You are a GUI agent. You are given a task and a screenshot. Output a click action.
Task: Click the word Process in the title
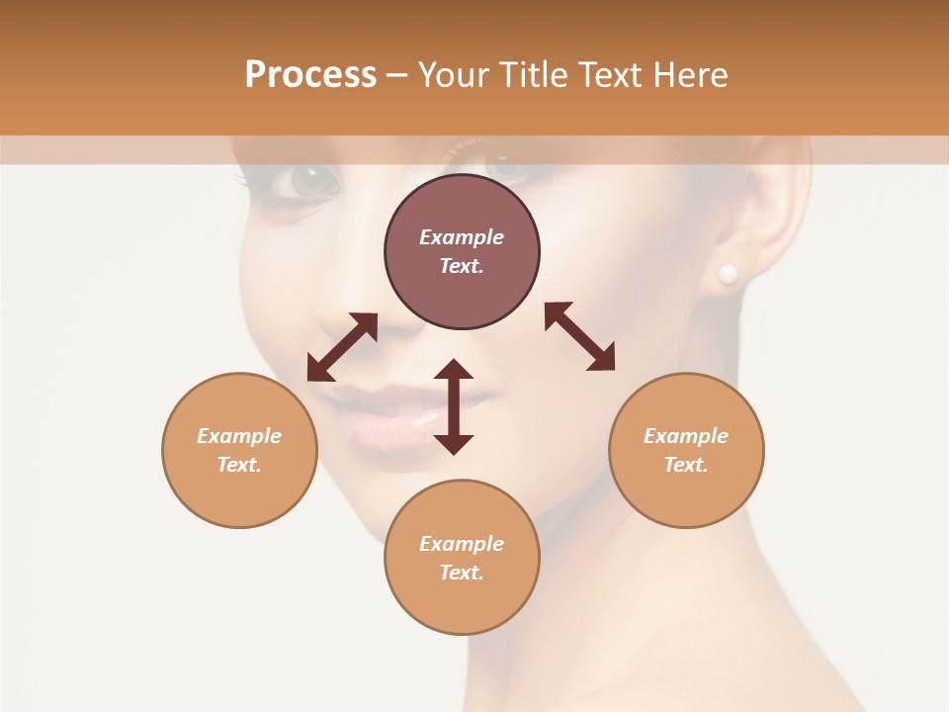[310, 75]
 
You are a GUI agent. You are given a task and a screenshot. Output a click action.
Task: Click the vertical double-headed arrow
[454, 406]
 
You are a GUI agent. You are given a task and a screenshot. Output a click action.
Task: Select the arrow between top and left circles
[342, 347]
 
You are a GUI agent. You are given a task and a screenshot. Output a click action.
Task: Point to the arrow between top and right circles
[579, 336]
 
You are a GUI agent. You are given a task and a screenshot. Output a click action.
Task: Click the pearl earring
[728, 273]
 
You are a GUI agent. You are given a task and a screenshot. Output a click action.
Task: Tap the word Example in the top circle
[462, 237]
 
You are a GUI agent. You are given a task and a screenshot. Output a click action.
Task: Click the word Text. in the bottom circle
[462, 573]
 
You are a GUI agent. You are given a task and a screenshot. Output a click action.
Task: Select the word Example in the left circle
[239, 436]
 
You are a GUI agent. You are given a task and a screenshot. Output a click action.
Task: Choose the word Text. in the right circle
[686, 465]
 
